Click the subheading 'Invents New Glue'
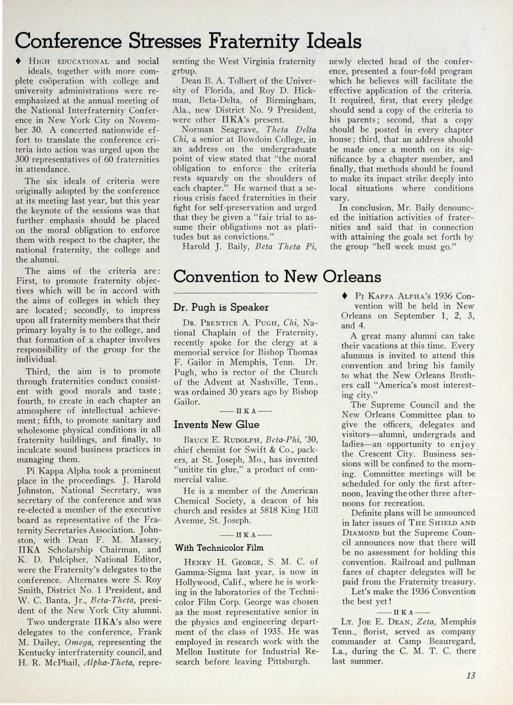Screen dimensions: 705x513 click(x=216, y=424)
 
